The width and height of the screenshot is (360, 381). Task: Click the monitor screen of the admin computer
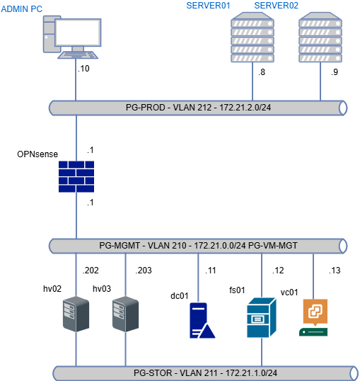click(x=78, y=33)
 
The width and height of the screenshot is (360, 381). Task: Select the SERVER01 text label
click(x=208, y=6)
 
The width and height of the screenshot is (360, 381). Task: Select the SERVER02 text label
click(x=276, y=6)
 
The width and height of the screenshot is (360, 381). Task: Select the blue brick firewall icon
click(x=76, y=176)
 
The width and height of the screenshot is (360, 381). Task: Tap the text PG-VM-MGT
click(x=273, y=246)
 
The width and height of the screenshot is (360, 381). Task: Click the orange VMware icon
click(x=314, y=312)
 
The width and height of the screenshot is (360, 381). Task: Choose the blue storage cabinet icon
click(x=262, y=318)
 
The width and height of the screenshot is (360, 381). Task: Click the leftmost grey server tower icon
click(x=76, y=314)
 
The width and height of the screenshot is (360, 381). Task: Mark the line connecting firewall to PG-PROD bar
click(x=76, y=138)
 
